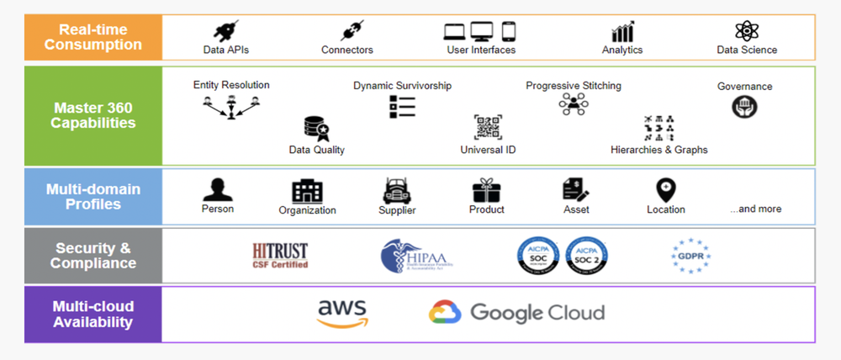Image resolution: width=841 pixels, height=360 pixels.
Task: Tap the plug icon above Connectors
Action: (x=350, y=31)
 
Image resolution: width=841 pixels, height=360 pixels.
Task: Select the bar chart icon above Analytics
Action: (x=622, y=32)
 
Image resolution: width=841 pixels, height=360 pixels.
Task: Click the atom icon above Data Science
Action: (x=746, y=31)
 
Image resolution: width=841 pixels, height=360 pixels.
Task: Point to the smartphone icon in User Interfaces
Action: (x=508, y=31)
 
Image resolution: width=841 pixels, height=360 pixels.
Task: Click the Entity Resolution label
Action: (x=231, y=85)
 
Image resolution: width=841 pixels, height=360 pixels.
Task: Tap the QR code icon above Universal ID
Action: (x=488, y=127)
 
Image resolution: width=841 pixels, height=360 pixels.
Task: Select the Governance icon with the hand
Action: (x=744, y=106)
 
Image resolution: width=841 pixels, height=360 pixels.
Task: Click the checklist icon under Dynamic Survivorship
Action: (x=402, y=106)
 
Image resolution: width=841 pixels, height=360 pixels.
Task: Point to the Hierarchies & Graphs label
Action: (x=659, y=150)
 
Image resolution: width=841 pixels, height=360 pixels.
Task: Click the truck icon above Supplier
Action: (x=397, y=190)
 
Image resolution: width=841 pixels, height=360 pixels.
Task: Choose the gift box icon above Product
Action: (x=486, y=190)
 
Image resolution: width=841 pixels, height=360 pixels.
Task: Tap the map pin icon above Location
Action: (x=665, y=189)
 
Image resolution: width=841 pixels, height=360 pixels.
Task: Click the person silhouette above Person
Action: (x=218, y=189)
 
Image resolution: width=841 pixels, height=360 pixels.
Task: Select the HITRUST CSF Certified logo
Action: (x=280, y=255)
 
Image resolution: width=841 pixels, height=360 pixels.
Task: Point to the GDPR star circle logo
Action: (x=691, y=254)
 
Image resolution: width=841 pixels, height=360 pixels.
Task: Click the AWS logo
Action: (x=342, y=314)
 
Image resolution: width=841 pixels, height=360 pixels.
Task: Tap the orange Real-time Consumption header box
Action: (x=93, y=37)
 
